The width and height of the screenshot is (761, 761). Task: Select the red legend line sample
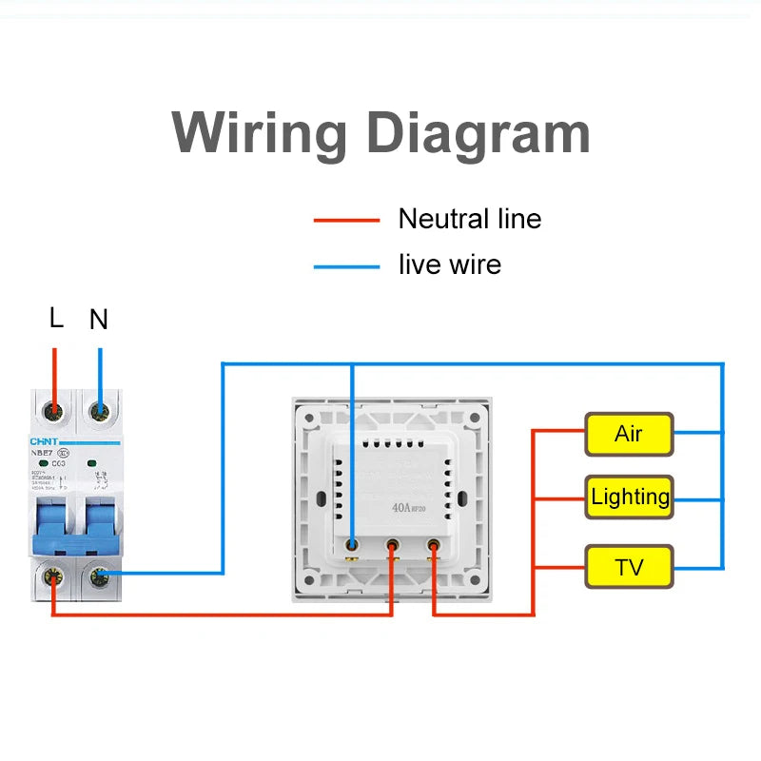(346, 221)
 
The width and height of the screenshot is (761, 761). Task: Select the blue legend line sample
(346, 266)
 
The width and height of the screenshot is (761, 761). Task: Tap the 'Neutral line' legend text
(469, 219)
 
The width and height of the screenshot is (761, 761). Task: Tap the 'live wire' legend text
(449, 264)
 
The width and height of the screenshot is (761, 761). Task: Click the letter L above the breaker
(56, 319)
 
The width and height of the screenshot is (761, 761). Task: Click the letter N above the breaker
(99, 320)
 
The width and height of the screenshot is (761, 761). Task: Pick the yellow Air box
(629, 435)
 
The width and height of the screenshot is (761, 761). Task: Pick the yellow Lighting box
(629, 497)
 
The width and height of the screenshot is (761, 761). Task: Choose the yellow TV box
(629, 568)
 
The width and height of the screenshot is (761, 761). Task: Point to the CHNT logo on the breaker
(44, 441)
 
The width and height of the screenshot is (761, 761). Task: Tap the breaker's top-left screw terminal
(55, 412)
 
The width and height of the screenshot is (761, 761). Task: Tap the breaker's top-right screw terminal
(99, 412)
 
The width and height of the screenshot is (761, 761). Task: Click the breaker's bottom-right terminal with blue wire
(99, 575)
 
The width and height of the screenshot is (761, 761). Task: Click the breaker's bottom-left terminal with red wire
(55, 575)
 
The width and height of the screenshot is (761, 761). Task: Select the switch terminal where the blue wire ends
(352, 545)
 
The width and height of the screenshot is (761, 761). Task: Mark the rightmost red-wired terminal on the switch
(434, 546)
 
